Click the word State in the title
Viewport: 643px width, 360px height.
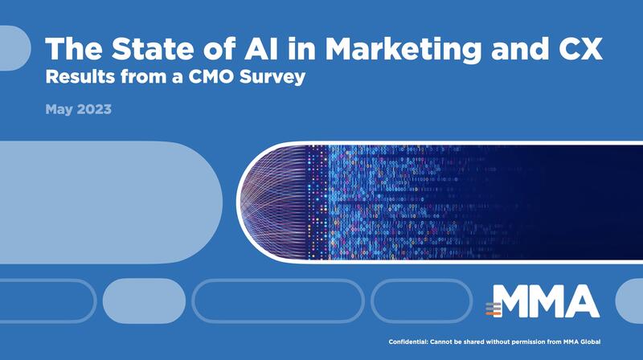pyautogui.click(x=153, y=48)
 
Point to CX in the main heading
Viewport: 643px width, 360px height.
pyautogui.click(x=580, y=48)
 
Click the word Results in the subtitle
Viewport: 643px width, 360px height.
pyautogui.click(x=80, y=76)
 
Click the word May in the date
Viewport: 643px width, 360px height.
pyautogui.click(x=59, y=109)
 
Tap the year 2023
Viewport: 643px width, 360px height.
pyautogui.click(x=94, y=109)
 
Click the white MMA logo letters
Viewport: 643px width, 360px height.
pyautogui.click(x=546, y=301)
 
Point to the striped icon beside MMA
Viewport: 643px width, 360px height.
pyautogui.click(x=494, y=309)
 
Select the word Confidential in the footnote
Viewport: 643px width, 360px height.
pyautogui.click(x=408, y=342)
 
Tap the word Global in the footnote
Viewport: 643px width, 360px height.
pyautogui.click(x=591, y=342)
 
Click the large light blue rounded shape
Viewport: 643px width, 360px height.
pyautogui.click(x=111, y=202)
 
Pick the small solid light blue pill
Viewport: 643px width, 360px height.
pyautogui.click(x=144, y=301)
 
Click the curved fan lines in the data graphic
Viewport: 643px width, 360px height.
pyautogui.click(x=273, y=202)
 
